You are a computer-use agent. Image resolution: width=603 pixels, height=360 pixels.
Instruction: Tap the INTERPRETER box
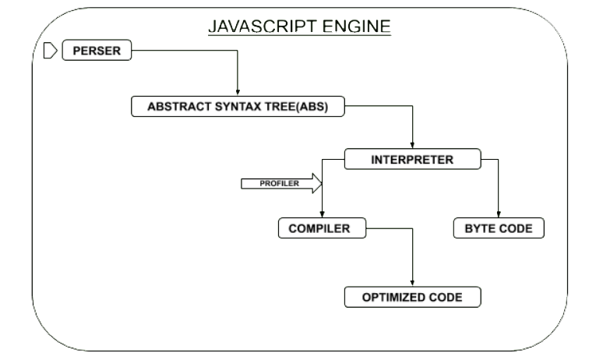coord(411,161)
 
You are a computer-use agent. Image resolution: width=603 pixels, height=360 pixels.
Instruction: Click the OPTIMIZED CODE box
coord(412,297)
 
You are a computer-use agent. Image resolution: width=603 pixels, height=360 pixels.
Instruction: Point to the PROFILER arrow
coord(280,184)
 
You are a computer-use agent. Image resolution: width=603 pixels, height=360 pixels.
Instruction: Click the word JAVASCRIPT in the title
coord(256,26)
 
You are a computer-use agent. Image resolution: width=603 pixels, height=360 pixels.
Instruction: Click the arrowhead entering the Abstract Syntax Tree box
coord(237,94)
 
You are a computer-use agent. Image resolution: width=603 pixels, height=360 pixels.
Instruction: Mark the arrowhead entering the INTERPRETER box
coord(412,147)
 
